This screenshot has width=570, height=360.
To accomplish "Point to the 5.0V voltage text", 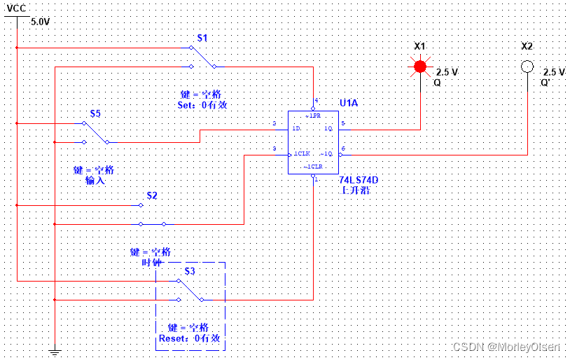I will (x=41, y=22).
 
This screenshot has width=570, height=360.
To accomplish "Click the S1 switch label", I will (x=202, y=37).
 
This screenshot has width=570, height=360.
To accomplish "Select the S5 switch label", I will (x=95, y=113).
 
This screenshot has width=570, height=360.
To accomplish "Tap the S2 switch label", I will (x=152, y=195).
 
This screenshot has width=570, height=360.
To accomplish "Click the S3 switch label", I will (x=190, y=270).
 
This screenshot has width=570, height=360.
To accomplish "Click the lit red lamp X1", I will (x=419, y=67).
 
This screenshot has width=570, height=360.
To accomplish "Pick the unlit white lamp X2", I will (x=527, y=67).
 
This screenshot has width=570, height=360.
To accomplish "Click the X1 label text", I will (x=419, y=46).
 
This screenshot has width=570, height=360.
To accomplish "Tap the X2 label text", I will (x=527, y=46).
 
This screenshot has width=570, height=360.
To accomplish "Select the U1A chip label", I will (x=348, y=103).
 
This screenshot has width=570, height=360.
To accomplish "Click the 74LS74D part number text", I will (x=358, y=179).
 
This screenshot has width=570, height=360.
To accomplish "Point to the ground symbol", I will (x=54, y=352).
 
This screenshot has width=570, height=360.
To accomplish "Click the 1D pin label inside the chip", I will (x=296, y=128).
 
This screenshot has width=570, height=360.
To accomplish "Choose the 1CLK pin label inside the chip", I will (x=302, y=153).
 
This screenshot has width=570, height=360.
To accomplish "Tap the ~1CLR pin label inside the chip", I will (x=312, y=167).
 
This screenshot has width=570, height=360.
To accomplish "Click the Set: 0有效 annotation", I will (x=202, y=105).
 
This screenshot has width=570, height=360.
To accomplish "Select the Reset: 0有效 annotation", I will (x=190, y=338).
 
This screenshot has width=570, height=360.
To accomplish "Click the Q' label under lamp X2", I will (x=545, y=82).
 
